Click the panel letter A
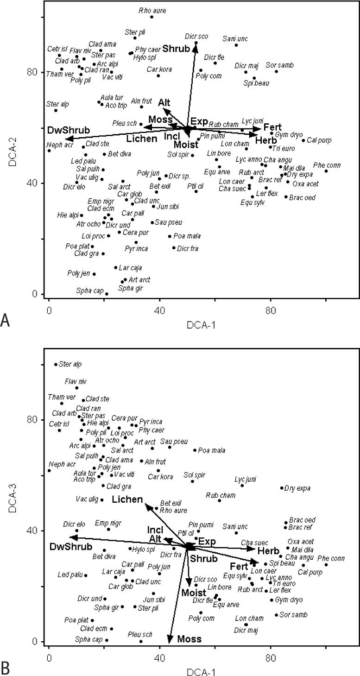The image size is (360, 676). tap(6, 320)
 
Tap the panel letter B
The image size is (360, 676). tap(6, 668)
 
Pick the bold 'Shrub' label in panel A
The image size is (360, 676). tap(176, 48)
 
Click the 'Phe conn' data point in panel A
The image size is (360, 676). tap(326, 171)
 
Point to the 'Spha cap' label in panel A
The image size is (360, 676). tap(89, 291)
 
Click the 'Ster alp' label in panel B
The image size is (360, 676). tap(70, 365)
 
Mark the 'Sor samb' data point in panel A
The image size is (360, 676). tap(276, 71)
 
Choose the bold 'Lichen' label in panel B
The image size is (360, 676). tap(126, 499)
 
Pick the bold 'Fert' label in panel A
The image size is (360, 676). tap(272, 127)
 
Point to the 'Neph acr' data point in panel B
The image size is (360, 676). tap(49, 471)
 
